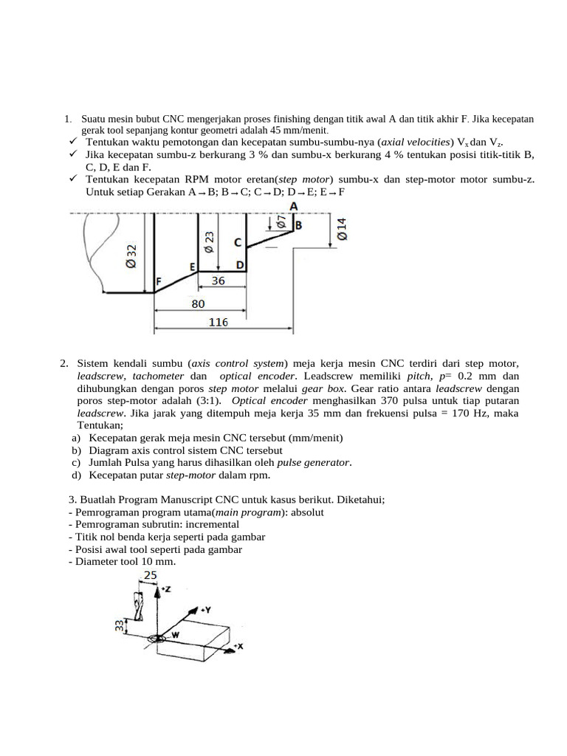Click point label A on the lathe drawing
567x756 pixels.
[x=294, y=207]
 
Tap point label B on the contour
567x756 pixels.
[x=298, y=225]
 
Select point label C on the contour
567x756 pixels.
[x=238, y=242]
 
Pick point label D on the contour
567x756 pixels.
[x=240, y=265]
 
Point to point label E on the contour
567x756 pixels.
[x=193, y=267]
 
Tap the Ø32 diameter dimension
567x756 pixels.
[x=131, y=255]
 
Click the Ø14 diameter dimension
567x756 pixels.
[x=341, y=229]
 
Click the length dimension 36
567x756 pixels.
[x=218, y=281]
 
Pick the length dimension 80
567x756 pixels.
[x=198, y=303]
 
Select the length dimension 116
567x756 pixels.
[x=218, y=322]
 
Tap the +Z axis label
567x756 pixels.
[x=166, y=589]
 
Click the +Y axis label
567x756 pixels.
[x=206, y=611]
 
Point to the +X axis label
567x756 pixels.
[x=238, y=646]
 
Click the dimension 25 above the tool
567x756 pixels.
[x=151, y=574]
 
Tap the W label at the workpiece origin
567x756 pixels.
[x=175, y=635]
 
